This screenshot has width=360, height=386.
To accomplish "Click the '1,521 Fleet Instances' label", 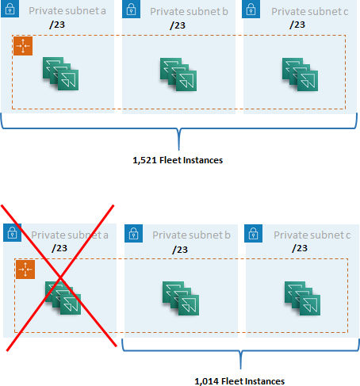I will click(178, 160).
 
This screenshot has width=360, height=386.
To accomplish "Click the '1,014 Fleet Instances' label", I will click(239, 381).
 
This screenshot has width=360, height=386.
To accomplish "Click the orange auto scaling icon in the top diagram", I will click(23, 46).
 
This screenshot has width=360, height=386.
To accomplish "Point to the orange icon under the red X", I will click(25, 269).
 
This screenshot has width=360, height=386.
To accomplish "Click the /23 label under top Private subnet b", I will click(178, 25).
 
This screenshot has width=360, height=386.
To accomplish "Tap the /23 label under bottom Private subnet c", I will click(300, 249).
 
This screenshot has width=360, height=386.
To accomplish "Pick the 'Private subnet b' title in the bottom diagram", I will click(191, 235).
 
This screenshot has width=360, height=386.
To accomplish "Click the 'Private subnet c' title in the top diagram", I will click(309, 12).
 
